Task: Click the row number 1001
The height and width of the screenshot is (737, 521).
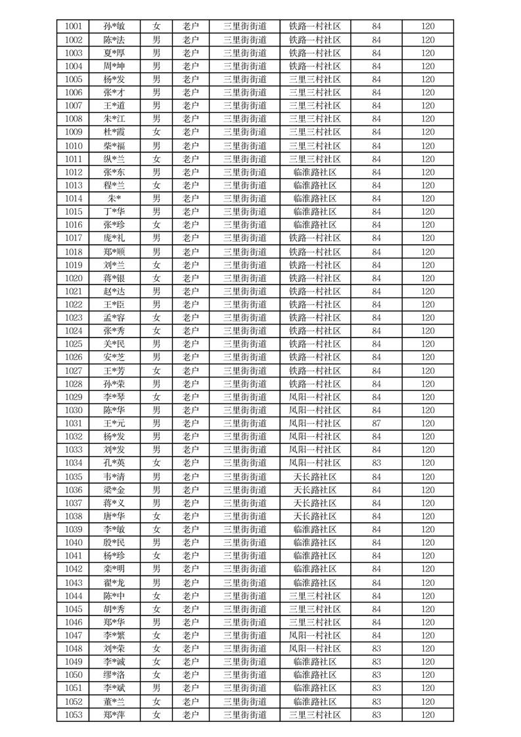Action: pos(74,27)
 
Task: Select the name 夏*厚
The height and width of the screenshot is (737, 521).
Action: pos(114,53)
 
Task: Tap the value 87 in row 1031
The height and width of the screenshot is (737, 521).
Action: pos(376,424)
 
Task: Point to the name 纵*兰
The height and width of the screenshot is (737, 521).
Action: pos(114,159)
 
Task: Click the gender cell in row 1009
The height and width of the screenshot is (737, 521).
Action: pos(156,132)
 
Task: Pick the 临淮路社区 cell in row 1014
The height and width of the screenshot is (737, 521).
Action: pos(315,198)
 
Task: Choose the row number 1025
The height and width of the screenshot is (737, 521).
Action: pos(74,344)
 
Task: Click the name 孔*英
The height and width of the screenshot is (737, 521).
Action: pos(114,463)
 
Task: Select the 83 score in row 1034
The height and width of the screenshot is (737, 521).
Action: pos(376,463)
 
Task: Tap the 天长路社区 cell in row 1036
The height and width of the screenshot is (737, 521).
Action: pos(315,490)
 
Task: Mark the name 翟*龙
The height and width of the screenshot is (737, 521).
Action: pos(114,583)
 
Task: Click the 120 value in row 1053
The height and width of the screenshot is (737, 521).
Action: pos(428,715)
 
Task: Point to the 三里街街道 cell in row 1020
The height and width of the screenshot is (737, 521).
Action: pos(245,278)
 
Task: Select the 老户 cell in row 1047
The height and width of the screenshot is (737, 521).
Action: pos(191,635)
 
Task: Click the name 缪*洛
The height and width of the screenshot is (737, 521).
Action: pos(114,675)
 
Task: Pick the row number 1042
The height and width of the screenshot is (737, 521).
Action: pos(74,569)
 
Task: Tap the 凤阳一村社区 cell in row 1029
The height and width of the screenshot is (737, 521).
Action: pos(315,397)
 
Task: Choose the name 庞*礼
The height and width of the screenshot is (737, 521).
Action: pos(114,238)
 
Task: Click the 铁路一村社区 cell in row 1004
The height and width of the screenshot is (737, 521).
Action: pos(315,66)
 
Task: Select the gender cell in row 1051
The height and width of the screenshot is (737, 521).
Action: pos(156,688)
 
